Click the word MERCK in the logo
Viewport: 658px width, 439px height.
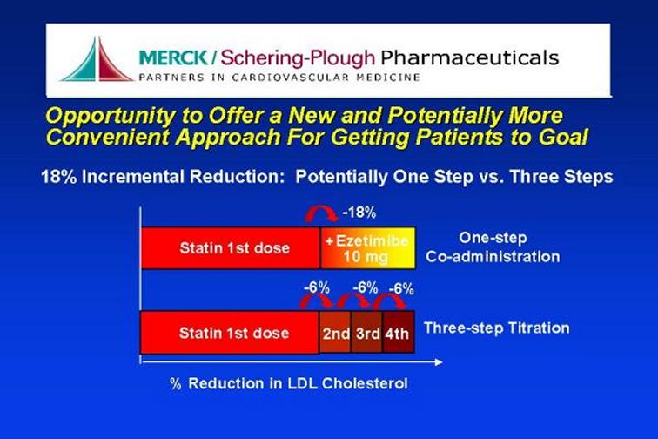tap(173, 57)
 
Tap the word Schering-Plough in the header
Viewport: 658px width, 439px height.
tap(298, 58)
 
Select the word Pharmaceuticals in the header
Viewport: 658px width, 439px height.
tap(470, 57)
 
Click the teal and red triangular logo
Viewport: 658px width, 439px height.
tap(97, 59)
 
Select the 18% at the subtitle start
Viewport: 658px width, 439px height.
tap(59, 177)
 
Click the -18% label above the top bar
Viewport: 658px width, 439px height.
tap(359, 213)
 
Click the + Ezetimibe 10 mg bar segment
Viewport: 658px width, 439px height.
tap(367, 248)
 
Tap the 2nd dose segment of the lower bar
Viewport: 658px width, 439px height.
tap(335, 332)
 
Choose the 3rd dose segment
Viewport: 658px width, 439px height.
tap(367, 332)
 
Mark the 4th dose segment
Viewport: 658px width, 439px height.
tap(399, 332)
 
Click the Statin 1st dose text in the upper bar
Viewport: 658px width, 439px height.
tap(235, 248)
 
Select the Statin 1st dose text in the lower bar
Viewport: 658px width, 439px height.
tap(234, 333)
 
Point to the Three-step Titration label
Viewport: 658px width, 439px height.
tap(497, 328)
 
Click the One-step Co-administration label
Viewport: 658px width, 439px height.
tap(493, 247)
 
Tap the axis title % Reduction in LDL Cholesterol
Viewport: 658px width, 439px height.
tap(289, 383)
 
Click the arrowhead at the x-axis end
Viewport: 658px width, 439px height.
tap(439, 362)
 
